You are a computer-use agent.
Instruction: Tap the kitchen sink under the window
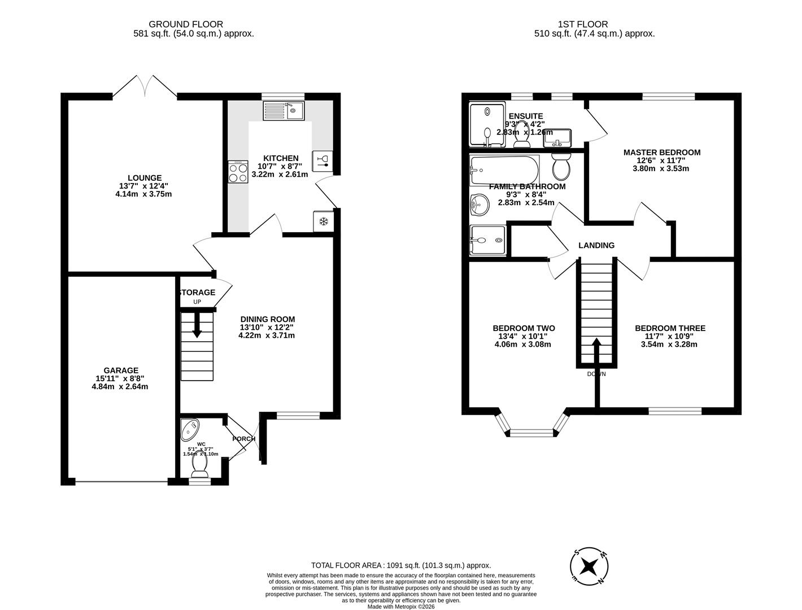[284, 111]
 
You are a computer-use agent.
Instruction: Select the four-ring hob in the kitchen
[238, 171]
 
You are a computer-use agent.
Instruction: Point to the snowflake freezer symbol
[324, 221]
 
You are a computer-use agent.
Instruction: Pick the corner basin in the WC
[189, 429]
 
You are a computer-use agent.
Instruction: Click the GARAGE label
[120, 371]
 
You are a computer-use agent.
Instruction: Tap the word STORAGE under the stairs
[197, 293]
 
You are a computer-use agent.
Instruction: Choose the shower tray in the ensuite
[487, 124]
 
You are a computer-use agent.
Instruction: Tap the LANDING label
[596, 245]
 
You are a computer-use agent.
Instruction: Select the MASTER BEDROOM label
[661, 152]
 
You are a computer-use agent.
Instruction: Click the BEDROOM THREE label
[670, 328]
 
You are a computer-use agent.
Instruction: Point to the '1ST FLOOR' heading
[583, 24]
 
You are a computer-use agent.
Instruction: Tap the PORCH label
[244, 439]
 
